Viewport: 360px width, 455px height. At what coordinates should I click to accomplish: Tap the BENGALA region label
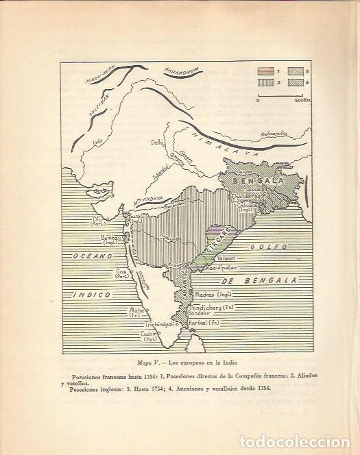[x=253, y=180]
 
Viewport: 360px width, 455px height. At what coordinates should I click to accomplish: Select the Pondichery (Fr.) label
[x=211, y=310]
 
